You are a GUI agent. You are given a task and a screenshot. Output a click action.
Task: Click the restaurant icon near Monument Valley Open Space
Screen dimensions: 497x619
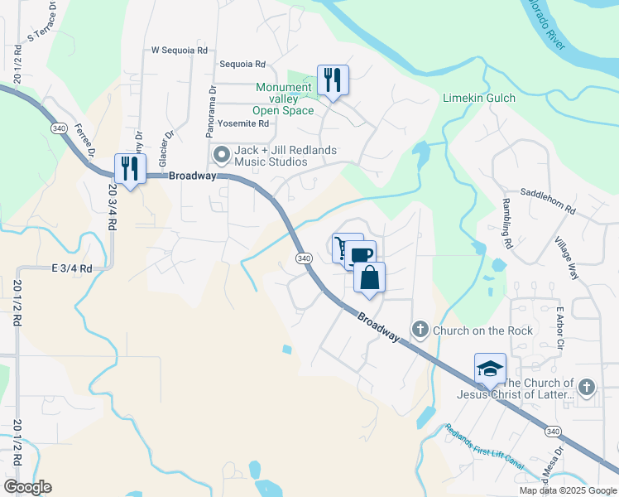click(x=333, y=80)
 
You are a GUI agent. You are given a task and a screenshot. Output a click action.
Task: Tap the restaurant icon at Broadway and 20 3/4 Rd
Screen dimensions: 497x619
click(x=130, y=168)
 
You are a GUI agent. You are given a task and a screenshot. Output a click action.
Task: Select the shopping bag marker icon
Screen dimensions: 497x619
click(x=369, y=277)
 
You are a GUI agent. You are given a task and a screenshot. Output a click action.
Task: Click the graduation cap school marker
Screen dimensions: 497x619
click(x=490, y=369)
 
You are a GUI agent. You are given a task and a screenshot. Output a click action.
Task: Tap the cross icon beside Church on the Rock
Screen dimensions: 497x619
click(x=420, y=331)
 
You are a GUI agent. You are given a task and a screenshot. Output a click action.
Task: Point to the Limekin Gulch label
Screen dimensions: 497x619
click(x=479, y=98)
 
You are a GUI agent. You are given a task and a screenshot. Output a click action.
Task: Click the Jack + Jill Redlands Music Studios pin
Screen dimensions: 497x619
click(x=221, y=155)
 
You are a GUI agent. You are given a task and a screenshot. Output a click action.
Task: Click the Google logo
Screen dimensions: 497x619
click(x=27, y=487)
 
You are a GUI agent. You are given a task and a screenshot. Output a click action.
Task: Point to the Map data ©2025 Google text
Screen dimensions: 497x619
click(x=568, y=490)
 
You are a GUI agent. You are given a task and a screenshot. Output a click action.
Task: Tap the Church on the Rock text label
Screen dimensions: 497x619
click(x=482, y=331)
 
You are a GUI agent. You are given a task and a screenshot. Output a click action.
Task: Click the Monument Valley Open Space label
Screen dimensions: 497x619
click(x=284, y=99)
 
